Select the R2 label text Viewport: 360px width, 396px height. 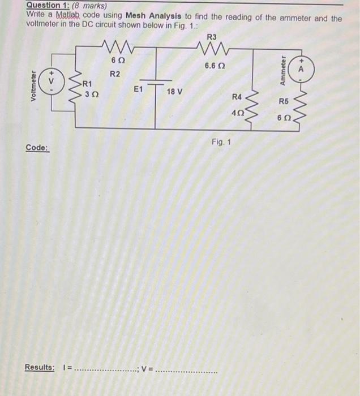(114, 74)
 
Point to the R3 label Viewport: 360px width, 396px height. (212, 37)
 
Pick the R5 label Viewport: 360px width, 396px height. (284, 102)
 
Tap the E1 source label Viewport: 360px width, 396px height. (138, 89)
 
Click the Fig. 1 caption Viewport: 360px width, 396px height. (221, 141)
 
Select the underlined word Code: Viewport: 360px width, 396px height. (37, 148)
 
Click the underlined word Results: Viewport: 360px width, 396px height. (40, 368)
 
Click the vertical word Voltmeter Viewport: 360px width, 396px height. (34, 85)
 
